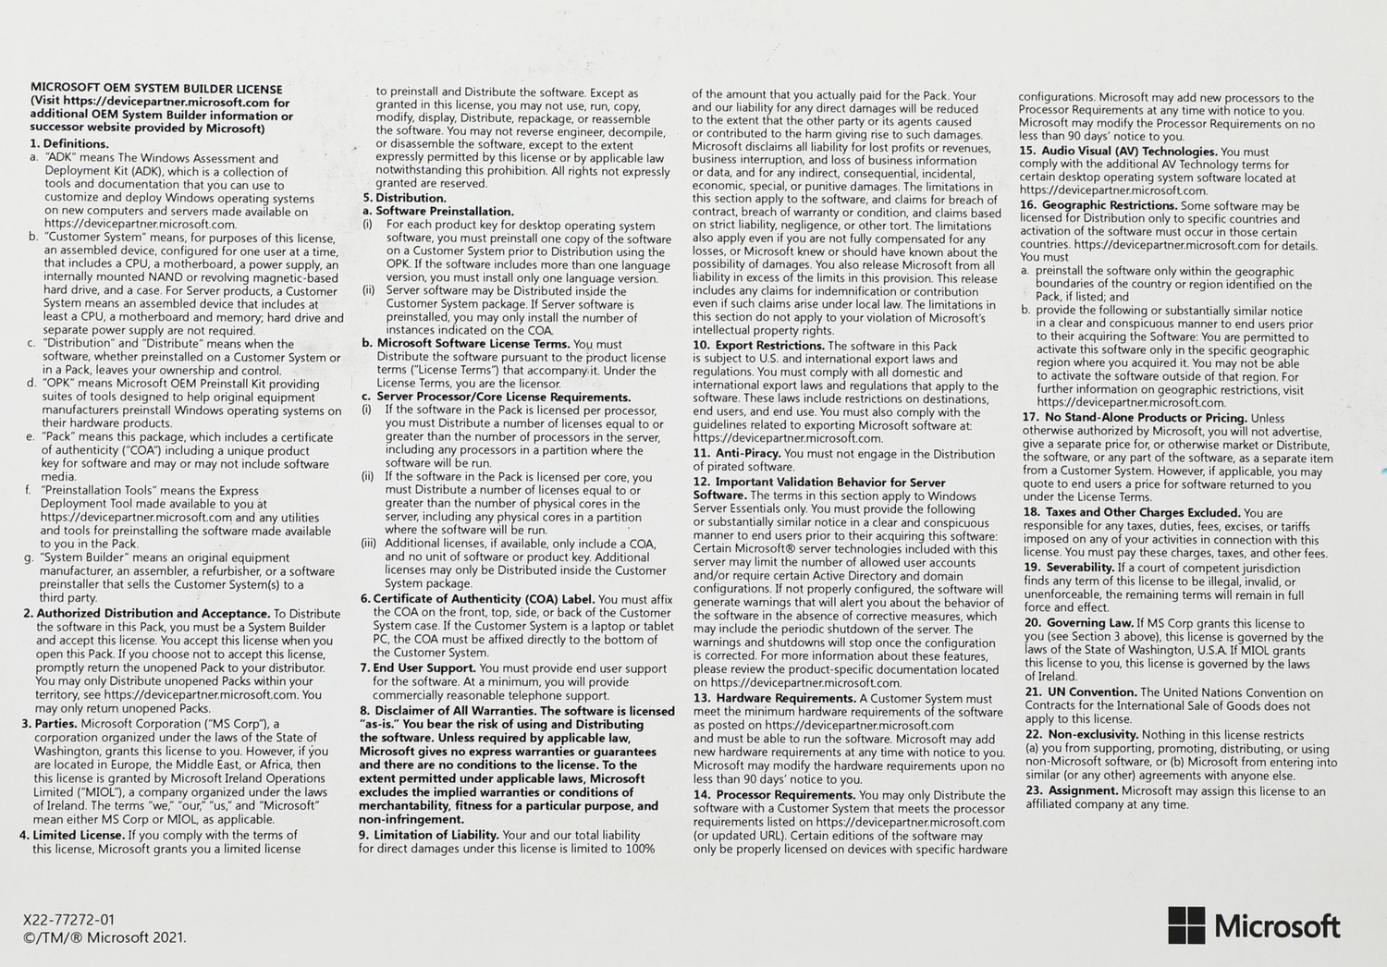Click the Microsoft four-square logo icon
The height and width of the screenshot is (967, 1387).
(1186, 924)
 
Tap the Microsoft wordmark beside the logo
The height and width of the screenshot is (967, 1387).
(1277, 925)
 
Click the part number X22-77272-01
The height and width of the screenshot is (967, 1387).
(69, 920)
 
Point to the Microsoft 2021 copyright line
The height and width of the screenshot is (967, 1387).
(104, 937)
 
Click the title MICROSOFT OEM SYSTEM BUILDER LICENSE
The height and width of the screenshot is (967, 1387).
(156, 89)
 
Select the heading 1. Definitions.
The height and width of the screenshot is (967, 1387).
(69, 143)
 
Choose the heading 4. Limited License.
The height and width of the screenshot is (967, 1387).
(72, 835)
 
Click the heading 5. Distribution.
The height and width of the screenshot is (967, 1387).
(405, 198)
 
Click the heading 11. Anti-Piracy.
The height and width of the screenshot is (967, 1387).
(737, 454)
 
